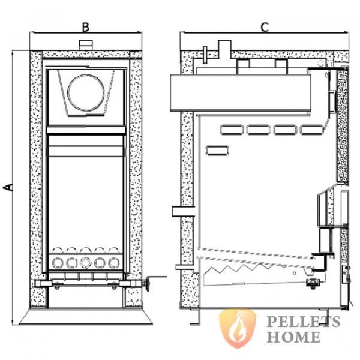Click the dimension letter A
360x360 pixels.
click(8, 187)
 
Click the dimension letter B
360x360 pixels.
click(85, 26)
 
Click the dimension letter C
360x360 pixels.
click(265, 26)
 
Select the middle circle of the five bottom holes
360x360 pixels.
click(85, 262)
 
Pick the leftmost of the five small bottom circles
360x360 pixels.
click(58, 262)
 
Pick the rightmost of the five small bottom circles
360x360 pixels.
click(112, 262)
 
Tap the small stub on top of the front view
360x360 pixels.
click(85, 45)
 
